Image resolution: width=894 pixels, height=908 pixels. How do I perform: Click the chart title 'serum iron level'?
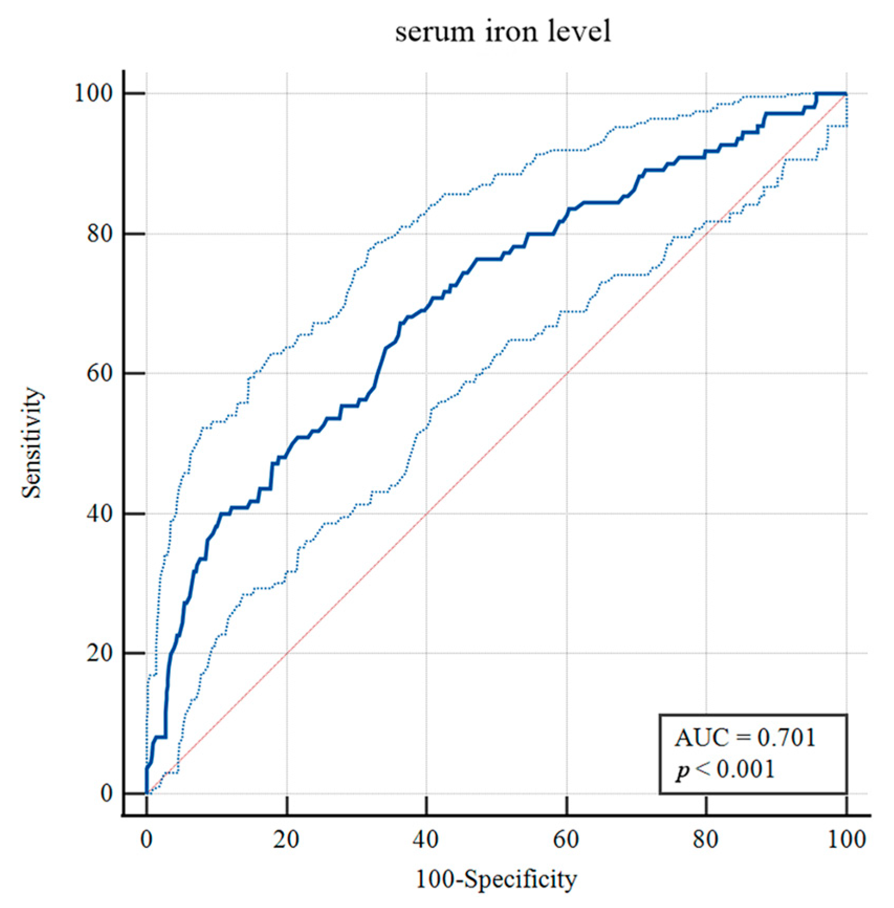coord(503,32)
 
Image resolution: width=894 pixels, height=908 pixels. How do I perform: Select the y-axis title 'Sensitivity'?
coord(32,443)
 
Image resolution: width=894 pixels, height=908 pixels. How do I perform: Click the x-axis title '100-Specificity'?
coord(496,879)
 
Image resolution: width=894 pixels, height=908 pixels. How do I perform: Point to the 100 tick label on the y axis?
coord(93,94)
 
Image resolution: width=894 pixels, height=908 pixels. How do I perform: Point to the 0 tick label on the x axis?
coord(147,839)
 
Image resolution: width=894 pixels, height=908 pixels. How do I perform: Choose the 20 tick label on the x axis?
coord(286,839)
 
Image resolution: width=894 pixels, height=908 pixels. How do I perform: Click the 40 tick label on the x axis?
coord(426,839)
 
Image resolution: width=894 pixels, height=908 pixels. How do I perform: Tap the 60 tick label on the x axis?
coord(566,839)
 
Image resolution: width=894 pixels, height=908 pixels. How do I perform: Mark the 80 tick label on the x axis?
coord(706,839)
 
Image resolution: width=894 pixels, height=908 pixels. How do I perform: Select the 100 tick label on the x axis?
coord(846,839)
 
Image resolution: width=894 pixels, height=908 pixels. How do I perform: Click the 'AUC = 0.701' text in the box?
coord(745,738)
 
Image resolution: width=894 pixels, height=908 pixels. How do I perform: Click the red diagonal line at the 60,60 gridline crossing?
coord(567,374)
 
